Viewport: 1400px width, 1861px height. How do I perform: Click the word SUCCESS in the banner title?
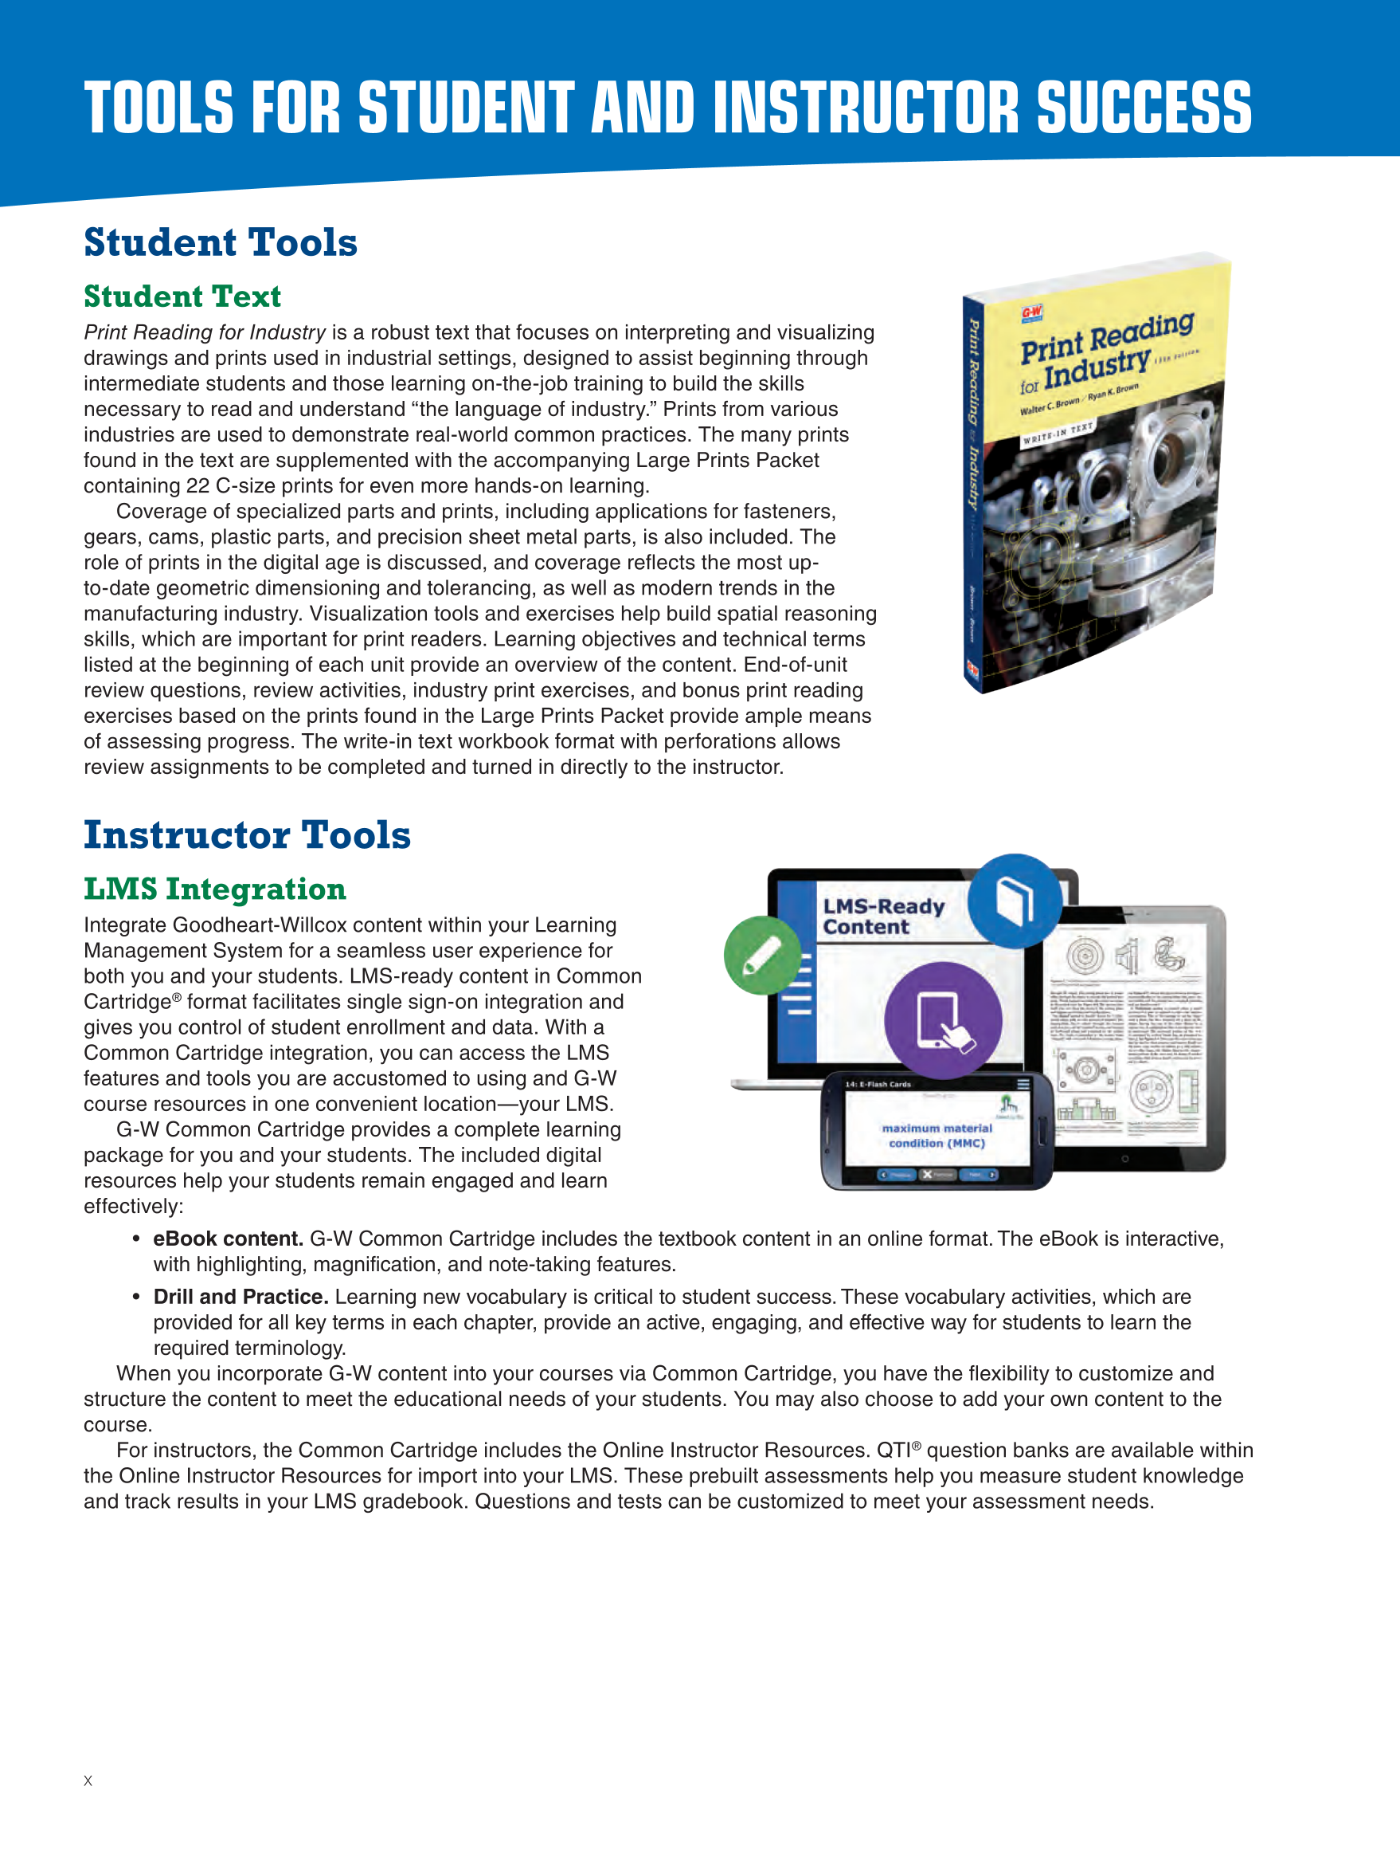[x=1144, y=108]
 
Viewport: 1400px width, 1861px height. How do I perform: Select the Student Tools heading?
[x=221, y=242]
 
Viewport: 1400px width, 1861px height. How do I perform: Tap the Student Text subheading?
[x=182, y=296]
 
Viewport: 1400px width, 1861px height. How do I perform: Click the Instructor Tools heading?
[x=247, y=834]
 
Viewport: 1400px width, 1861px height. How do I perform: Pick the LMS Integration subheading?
[x=214, y=889]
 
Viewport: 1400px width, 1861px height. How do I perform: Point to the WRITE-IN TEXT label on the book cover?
[x=1058, y=434]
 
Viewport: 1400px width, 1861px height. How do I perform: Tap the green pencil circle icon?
[x=763, y=955]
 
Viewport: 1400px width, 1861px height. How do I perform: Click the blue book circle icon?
[x=1014, y=900]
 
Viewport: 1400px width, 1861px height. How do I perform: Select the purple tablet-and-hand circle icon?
[x=943, y=1019]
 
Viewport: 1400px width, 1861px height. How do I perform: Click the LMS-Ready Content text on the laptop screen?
[x=883, y=917]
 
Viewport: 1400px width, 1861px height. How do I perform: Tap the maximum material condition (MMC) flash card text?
[x=937, y=1135]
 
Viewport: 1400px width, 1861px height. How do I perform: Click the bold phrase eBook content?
[x=228, y=1239]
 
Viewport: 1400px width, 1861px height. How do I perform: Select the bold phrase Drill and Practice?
[x=241, y=1297]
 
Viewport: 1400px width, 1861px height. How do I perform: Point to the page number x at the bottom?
[x=88, y=1781]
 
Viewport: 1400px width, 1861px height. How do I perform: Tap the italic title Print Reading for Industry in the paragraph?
[x=205, y=332]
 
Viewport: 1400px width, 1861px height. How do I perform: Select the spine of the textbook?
[x=973, y=497]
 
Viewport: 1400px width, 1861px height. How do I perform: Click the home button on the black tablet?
[x=1125, y=1159]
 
